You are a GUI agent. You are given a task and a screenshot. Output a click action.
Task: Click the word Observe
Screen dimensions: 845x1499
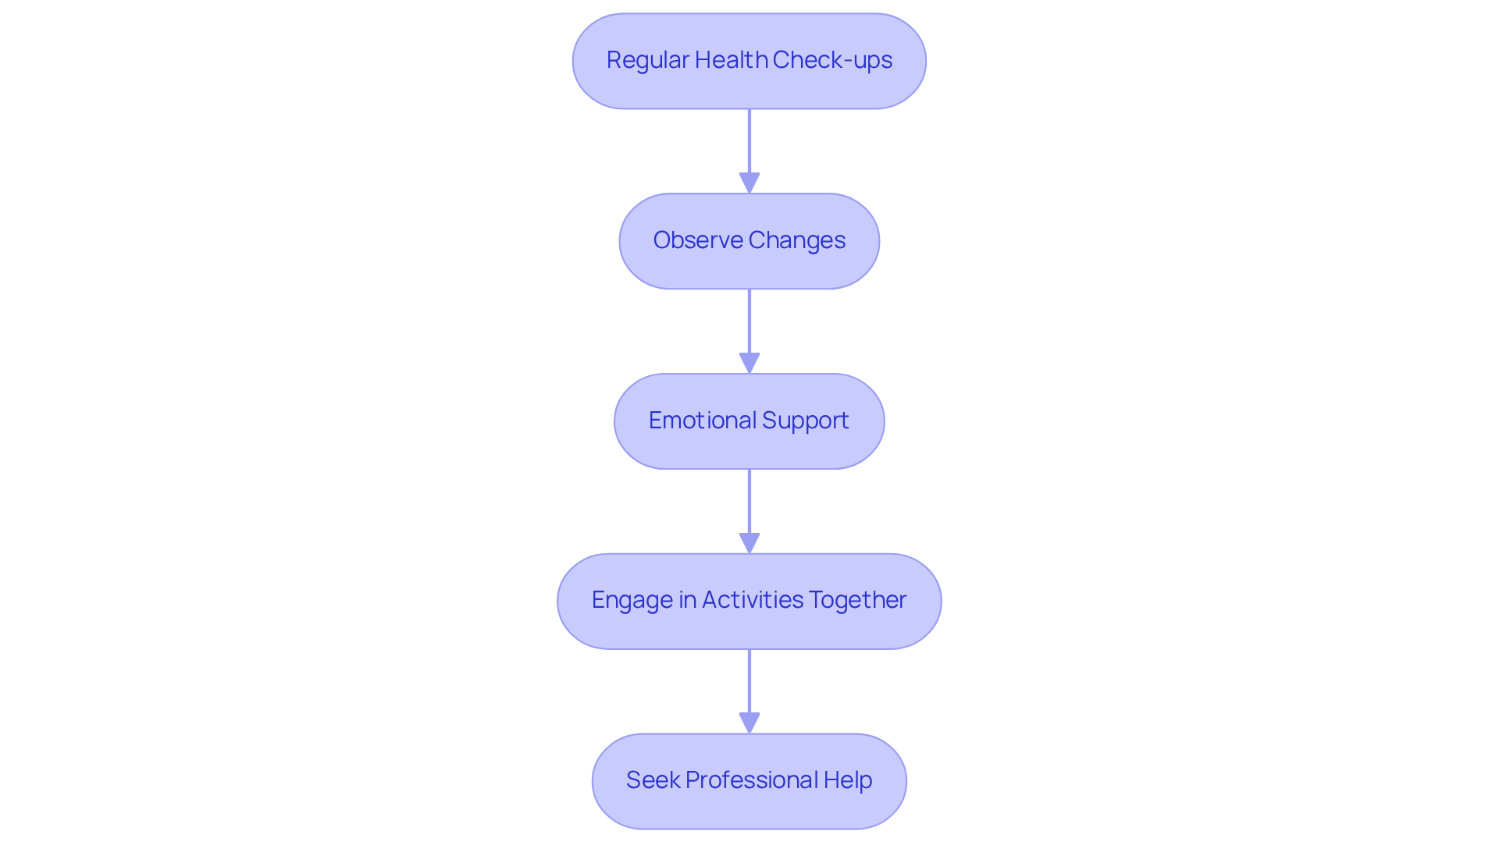(698, 240)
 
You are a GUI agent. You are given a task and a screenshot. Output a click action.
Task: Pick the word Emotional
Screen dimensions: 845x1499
(702, 421)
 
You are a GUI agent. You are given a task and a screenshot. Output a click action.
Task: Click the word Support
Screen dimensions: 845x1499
(806, 421)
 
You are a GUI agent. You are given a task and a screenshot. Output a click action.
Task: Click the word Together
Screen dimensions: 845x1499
(857, 600)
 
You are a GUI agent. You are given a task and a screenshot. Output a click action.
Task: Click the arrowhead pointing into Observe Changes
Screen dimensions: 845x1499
(749, 183)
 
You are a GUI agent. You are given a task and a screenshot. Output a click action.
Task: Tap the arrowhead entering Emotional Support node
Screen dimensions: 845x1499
(749, 363)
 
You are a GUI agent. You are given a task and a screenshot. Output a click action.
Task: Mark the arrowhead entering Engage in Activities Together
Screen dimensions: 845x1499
(749, 543)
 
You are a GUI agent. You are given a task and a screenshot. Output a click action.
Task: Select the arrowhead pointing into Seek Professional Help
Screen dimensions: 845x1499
(749, 723)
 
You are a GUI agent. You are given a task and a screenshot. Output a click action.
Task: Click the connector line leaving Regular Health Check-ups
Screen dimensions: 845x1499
(749, 140)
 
